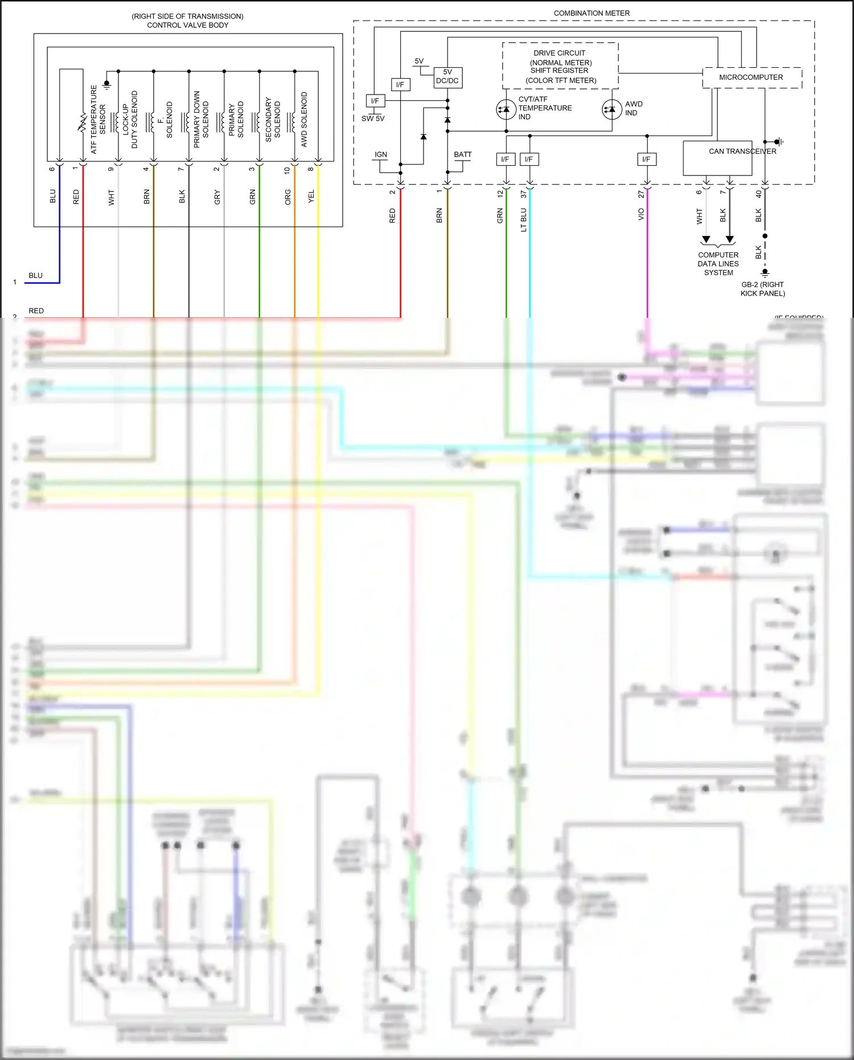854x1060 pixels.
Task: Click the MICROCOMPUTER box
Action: [752, 77]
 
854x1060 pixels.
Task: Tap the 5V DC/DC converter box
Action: [447, 77]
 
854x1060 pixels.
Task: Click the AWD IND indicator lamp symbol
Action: [611, 109]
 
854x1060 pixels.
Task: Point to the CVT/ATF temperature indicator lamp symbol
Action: [506, 109]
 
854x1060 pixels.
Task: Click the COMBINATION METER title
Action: [592, 13]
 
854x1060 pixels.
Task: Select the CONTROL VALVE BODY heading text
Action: [187, 25]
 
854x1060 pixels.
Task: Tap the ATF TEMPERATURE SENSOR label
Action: [98, 120]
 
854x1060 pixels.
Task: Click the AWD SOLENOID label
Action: [304, 120]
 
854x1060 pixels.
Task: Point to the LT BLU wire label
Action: [524, 220]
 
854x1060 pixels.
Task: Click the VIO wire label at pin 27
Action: [641, 214]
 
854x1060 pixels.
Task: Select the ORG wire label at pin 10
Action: [288, 197]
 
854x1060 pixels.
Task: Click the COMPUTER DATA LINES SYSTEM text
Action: [718, 264]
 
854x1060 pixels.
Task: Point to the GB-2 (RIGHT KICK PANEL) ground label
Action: [762, 289]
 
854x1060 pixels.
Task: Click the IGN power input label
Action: [381, 154]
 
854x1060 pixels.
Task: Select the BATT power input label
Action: [463, 154]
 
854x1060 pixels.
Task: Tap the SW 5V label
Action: [373, 118]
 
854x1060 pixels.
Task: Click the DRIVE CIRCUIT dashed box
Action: [560, 66]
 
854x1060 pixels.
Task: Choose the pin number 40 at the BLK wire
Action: [758, 194]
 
